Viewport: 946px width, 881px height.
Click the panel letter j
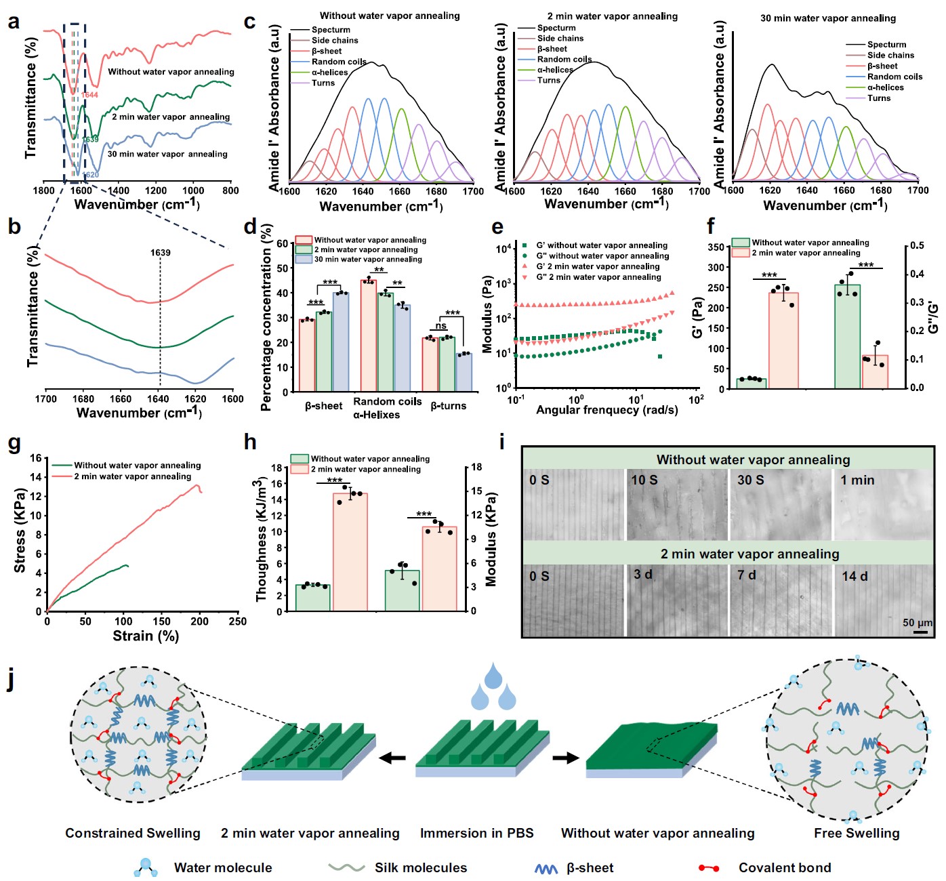point(10,680)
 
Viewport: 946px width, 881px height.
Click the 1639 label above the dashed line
point(161,253)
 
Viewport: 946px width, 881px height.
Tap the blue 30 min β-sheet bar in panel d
point(341,342)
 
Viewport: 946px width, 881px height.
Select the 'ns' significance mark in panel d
point(441,326)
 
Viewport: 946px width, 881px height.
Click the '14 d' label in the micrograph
point(855,576)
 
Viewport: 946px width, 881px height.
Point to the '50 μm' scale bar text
point(917,622)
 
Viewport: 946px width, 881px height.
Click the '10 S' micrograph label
point(644,480)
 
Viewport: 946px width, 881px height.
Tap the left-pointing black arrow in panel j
point(392,758)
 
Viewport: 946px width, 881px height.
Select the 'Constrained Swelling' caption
point(133,833)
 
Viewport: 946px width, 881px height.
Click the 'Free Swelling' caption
point(857,833)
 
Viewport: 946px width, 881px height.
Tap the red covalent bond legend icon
point(709,868)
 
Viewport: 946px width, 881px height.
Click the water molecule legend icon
point(146,867)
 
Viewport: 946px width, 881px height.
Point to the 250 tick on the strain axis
point(238,621)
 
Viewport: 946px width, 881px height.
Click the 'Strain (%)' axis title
point(146,636)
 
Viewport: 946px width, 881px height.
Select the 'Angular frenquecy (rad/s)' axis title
point(606,410)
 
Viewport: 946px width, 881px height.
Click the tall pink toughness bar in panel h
point(350,552)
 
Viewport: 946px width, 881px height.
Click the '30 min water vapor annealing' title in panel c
point(827,18)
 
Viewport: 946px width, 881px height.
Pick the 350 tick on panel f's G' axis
point(716,247)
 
